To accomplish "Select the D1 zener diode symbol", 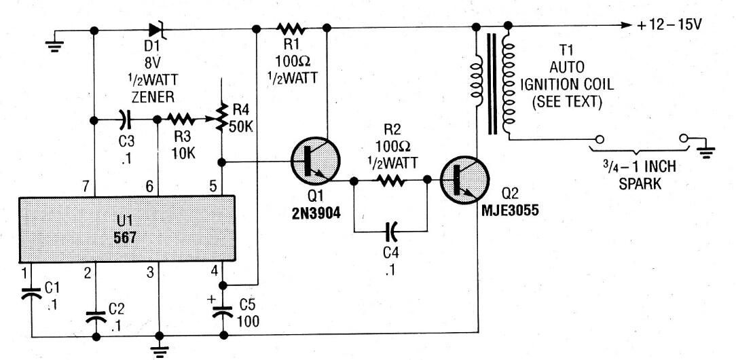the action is point(158,30).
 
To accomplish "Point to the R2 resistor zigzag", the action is point(390,180).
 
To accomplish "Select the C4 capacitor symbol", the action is point(391,231).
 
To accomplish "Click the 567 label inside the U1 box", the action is point(125,237).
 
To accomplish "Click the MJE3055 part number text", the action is point(510,212).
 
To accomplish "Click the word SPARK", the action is point(640,184).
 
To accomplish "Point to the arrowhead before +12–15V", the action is point(627,25).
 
